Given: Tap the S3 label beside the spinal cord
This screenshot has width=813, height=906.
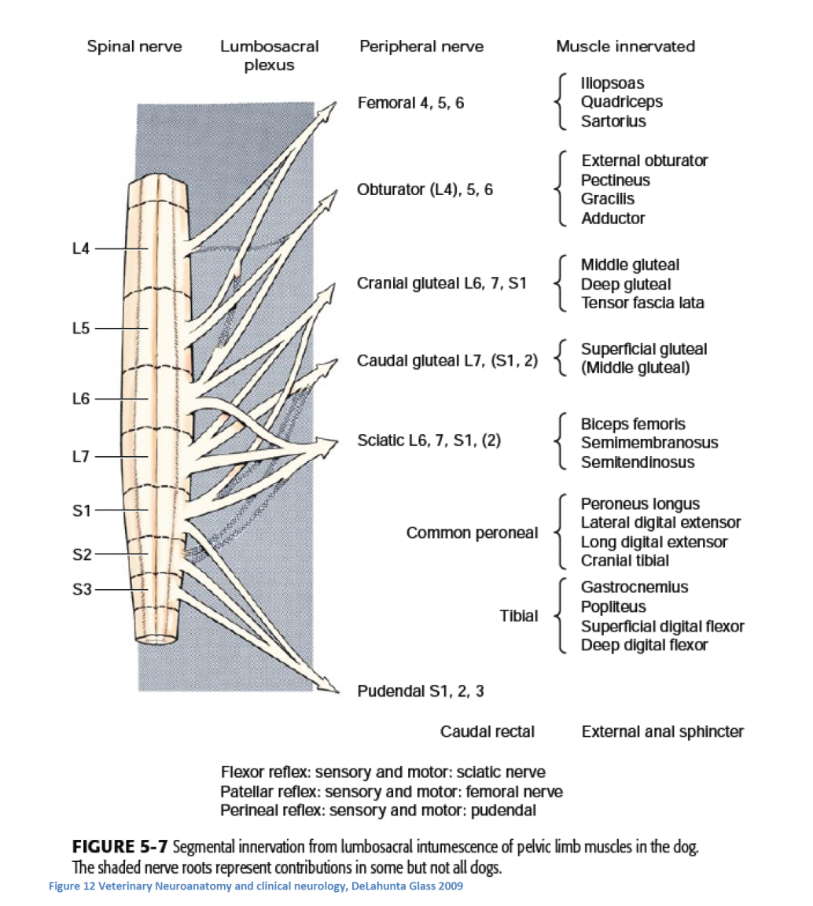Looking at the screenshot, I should coord(83,590).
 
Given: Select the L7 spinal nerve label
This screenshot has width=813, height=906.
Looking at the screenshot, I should coord(82,456).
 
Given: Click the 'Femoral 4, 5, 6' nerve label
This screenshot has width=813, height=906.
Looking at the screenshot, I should coord(410,102).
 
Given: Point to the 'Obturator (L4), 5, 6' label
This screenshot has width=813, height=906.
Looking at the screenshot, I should coord(425,190).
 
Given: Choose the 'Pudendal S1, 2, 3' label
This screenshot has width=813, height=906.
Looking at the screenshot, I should coord(421,691).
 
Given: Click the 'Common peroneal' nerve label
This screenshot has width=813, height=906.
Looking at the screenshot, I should coord(472,533).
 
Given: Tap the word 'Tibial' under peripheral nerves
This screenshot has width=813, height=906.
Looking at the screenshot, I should coord(519,616).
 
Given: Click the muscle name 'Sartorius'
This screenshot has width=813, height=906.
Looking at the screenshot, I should coord(613,121).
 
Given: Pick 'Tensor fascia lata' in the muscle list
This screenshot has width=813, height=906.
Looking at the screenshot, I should coord(642,303).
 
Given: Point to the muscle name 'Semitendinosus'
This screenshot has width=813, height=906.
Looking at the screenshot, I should coord(638,462).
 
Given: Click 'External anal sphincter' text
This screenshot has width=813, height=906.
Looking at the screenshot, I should coord(662,732).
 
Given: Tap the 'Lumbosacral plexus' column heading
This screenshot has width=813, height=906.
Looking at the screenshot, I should coord(269,55).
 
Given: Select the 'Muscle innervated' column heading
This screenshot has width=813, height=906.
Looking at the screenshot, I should coord(625,46).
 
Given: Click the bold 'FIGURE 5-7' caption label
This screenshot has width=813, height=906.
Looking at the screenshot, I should coord(119,847).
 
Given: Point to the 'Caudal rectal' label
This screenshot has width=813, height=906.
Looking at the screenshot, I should coord(487,732).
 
